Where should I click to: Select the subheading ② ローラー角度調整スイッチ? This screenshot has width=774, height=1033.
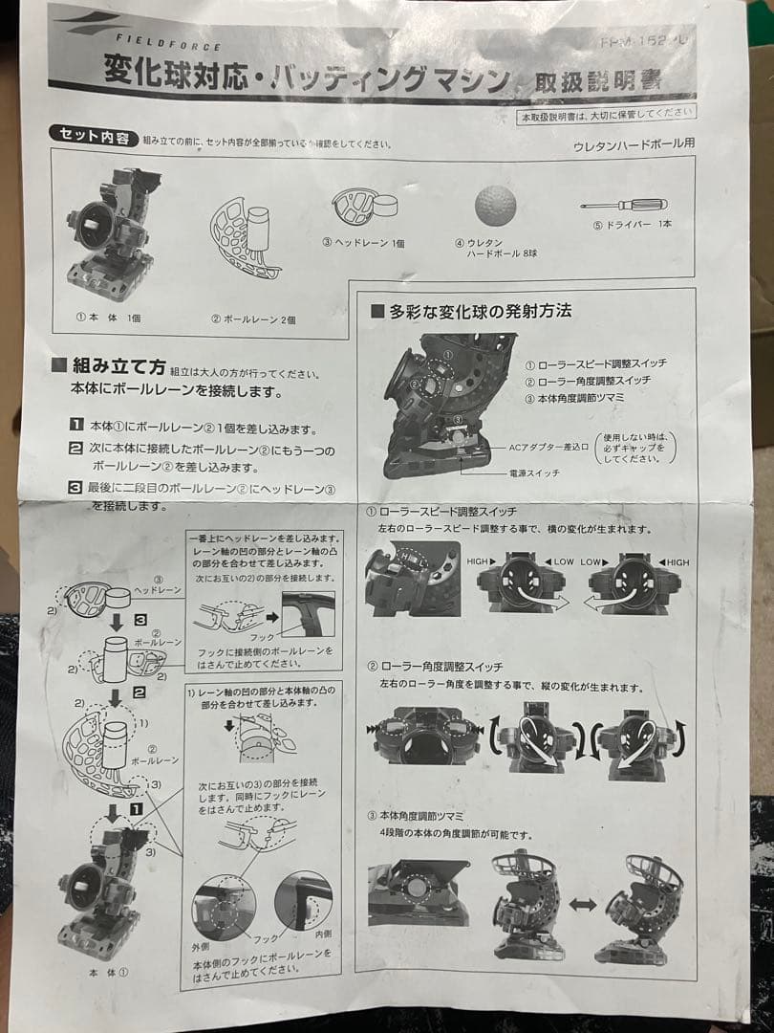click(441, 666)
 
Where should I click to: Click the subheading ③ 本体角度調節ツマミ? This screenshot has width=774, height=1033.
click(421, 815)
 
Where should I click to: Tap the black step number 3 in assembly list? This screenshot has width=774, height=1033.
click(75, 488)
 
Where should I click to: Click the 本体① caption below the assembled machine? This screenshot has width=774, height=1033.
click(109, 973)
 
